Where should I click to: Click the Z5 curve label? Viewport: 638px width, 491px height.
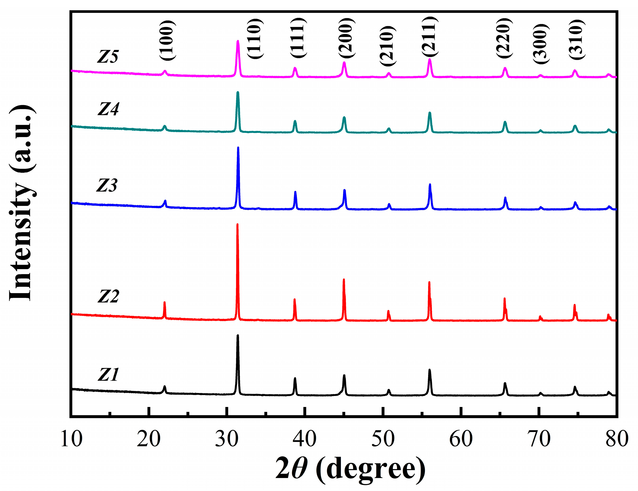pos(108,56)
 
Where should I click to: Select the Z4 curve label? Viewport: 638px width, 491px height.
pos(108,109)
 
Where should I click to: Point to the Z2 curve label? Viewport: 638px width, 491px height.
pos(108,296)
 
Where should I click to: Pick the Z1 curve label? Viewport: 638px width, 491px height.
pos(108,375)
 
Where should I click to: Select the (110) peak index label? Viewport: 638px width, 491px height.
pos(255,39)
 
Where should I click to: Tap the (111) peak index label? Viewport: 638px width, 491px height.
pos(298,38)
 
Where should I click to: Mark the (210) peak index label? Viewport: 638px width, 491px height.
pos(388,46)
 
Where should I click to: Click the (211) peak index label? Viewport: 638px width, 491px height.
pos(429,37)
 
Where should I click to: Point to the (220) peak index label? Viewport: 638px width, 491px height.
pos(504,38)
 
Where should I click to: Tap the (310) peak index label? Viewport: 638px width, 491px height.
pos(577,39)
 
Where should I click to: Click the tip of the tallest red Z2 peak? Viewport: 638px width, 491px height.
pos(237,224)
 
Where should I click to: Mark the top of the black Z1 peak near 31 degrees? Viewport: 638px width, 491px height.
pos(238,335)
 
